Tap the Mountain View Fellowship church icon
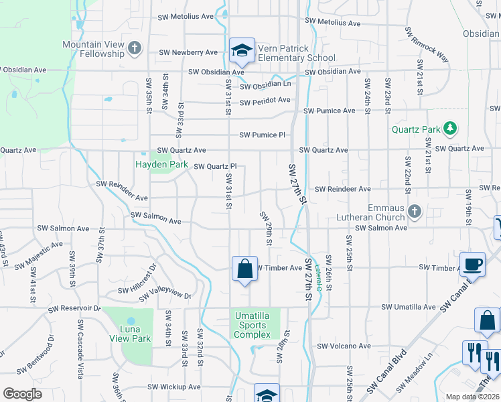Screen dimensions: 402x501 (135, 48)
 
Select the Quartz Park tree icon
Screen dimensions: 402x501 (451, 128)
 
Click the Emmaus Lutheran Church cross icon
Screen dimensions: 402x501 (415, 212)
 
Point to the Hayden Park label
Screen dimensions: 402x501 (161, 163)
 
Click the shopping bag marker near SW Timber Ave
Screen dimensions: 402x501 (244, 269)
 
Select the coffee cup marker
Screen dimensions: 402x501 (472, 263)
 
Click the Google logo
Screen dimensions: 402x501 (22, 394)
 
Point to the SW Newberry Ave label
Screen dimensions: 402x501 (188, 52)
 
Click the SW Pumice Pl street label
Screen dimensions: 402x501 (259, 135)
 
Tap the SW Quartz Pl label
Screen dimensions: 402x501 (216, 166)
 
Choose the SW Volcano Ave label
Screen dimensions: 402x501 (344, 346)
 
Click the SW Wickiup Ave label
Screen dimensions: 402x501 (174, 387)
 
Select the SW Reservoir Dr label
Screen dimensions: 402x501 (74, 309)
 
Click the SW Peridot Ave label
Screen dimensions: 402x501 (265, 100)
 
